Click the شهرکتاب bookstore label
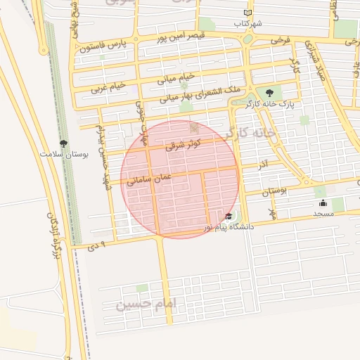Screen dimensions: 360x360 pyautogui.click(x=250, y=23)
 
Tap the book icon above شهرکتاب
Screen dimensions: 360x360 pyautogui.click(x=247, y=13)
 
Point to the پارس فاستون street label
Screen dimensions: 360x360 pyautogui.click(x=101, y=46)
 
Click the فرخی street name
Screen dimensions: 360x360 pyautogui.click(x=281, y=41)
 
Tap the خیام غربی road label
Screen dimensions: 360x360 pyautogui.click(x=108, y=87)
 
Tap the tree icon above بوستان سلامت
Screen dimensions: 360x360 pyautogui.click(x=64, y=143)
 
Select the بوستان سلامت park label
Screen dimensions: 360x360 pyautogui.click(x=64, y=153)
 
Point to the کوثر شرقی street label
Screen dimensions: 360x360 pyautogui.click(x=184, y=146)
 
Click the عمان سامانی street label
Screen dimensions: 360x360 pyautogui.click(x=149, y=179)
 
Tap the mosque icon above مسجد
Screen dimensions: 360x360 pyautogui.click(x=323, y=203)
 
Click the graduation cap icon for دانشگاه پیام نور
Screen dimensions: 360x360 pyautogui.click(x=229, y=217)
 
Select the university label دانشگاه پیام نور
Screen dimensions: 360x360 pyautogui.click(x=229, y=228)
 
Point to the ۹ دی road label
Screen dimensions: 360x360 pyautogui.click(x=101, y=245)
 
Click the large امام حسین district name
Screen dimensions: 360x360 pyautogui.click(x=148, y=305)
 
